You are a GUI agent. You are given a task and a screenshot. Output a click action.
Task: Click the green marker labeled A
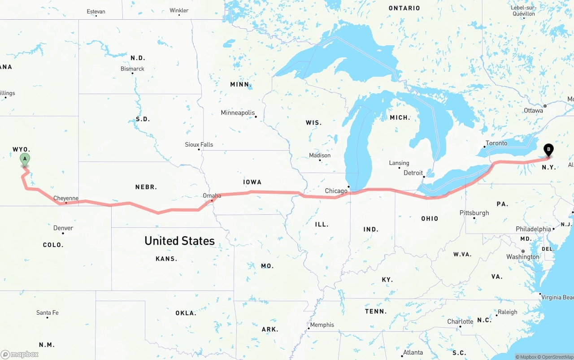tap(25, 159)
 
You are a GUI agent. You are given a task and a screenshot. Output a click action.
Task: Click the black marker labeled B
tap(548, 150)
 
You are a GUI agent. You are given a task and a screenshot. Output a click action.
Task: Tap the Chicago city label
tap(336, 191)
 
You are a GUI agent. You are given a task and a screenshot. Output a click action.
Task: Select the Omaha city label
tap(212, 196)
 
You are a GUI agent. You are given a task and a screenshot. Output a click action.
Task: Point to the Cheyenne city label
tap(66, 198)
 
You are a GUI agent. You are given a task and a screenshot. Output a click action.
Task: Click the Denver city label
tap(63, 228)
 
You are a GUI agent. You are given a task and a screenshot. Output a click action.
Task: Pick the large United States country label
tap(179, 241)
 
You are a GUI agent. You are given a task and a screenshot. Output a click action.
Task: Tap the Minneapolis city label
tap(238, 113)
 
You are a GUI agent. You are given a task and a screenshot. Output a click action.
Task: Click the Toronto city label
tap(496, 143)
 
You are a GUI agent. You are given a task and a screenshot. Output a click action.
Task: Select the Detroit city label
tap(413, 173)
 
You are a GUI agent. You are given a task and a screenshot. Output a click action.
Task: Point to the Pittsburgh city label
tap(474, 213)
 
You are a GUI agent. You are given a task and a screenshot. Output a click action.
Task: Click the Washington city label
tap(523, 257)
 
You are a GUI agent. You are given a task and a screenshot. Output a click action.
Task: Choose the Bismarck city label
tap(132, 69)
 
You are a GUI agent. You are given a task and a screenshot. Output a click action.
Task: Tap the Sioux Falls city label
tap(199, 145)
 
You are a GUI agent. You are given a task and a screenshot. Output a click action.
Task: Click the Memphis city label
tap(322, 325)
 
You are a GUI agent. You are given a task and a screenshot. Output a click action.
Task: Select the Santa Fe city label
tap(48, 313)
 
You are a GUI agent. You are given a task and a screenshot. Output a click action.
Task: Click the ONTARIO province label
tap(404, 8)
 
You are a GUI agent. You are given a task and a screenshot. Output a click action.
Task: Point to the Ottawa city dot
tap(545, 106)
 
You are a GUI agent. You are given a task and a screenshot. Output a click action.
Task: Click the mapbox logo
tap(20, 354)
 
